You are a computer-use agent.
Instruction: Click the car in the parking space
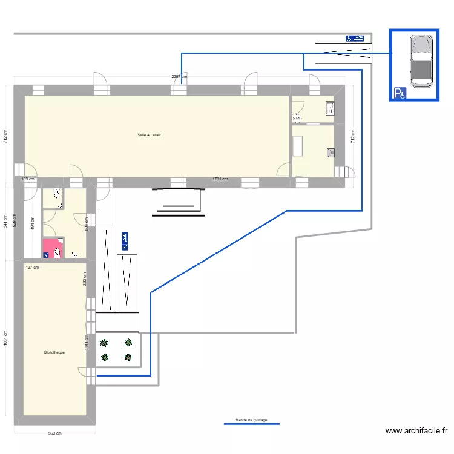coord(421,61)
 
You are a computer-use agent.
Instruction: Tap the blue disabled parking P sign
coord(400,93)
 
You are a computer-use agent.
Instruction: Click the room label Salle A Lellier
coord(149,134)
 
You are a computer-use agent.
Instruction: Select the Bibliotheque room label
coord(54,352)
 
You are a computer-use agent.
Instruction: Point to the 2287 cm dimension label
coord(179,77)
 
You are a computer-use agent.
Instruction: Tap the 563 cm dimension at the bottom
coord(55,432)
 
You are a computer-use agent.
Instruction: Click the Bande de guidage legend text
coord(252,419)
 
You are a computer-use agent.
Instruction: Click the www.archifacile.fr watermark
coord(416,431)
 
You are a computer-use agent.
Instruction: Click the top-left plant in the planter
coord(104,343)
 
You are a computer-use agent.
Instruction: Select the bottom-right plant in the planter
coord(128,358)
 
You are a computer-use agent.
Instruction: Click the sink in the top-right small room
coord(330,108)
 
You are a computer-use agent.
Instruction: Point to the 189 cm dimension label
coord(28,179)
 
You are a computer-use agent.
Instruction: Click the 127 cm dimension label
coord(32,267)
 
